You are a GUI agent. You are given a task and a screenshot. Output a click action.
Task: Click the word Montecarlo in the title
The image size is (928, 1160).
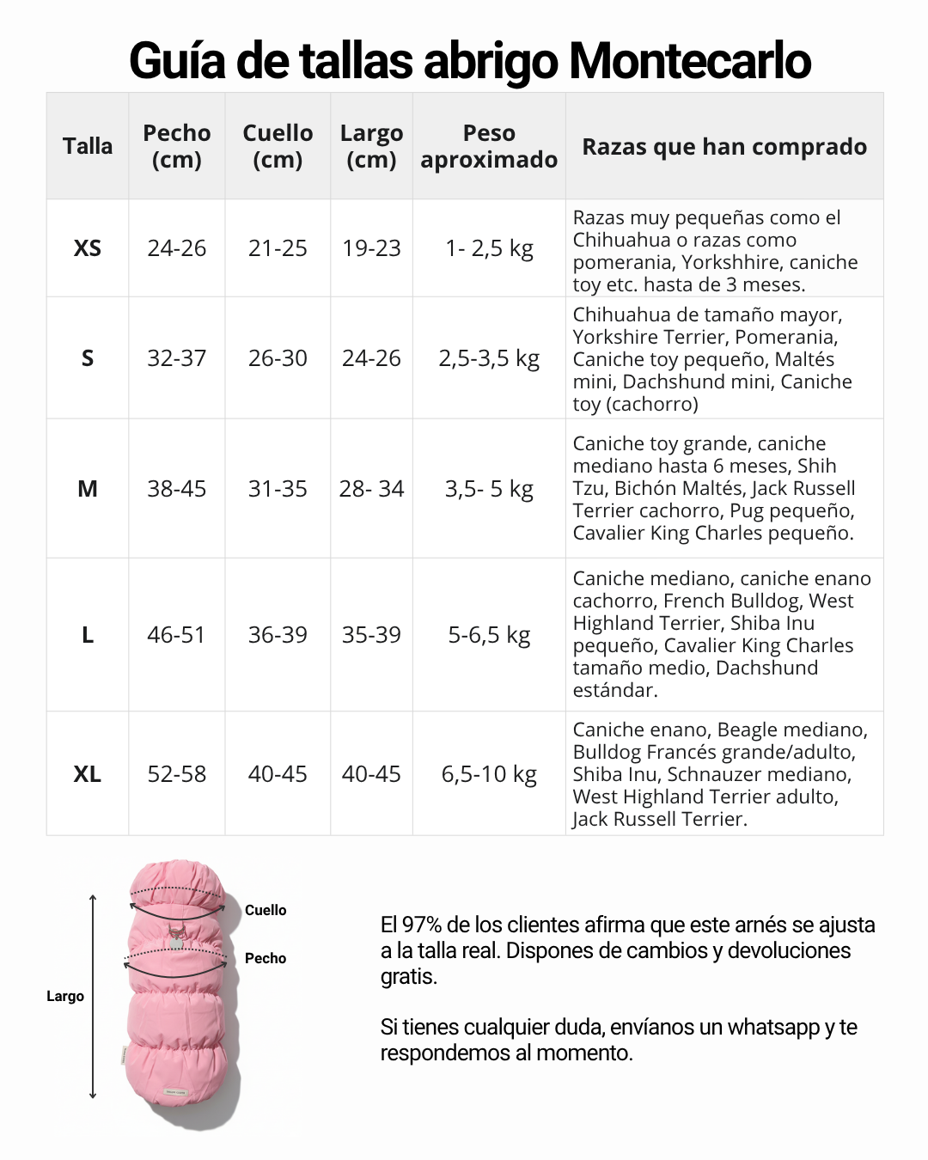[689, 61]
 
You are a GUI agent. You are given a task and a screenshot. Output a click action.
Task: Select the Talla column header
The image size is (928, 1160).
[88, 146]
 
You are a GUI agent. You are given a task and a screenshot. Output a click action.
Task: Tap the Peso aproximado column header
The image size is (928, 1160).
[489, 146]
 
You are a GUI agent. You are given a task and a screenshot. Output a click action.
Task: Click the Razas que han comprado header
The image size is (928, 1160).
[724, 147]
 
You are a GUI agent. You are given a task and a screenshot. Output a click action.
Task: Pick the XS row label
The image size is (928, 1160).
[88, 248]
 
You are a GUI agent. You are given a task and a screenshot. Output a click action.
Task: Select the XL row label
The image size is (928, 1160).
[88, 774]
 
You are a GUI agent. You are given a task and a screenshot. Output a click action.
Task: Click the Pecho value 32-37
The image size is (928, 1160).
[177, 358]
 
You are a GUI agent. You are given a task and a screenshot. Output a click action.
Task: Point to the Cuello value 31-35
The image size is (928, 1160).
[278, 489]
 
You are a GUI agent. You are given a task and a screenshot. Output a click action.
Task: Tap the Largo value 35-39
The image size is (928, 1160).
[371, 635]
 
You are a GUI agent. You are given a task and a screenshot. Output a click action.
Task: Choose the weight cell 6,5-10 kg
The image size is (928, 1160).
[489, 774]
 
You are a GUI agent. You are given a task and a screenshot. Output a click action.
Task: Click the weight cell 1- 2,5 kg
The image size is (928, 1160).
[489, 248]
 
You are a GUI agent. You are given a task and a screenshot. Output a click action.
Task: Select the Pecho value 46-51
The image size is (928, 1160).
[177, 635]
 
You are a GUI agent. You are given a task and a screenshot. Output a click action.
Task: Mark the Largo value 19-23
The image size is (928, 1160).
[371, 248]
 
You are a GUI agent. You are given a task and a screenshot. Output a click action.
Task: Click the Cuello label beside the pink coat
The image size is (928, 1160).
[266, 910]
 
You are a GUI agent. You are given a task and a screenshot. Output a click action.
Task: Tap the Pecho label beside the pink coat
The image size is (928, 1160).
[266, 958]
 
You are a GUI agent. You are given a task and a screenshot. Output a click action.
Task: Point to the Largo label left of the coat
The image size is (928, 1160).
[65, 996]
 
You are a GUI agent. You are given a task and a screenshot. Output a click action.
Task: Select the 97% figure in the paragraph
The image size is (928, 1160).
[422, 925]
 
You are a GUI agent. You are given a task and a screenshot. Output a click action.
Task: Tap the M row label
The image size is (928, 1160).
[88, 489]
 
